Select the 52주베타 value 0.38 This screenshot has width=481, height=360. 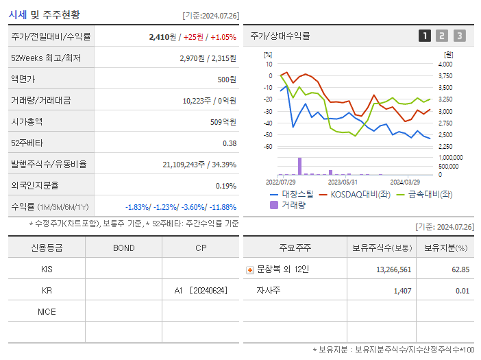pos(229,143)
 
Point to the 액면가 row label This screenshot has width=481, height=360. pos(23,80)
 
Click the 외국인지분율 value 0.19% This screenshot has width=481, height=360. pos(225,186)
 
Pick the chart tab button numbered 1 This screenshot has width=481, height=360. pos(425,36)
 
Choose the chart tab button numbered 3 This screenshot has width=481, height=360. pos(459,36)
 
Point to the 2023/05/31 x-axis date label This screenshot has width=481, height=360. pos(343,182)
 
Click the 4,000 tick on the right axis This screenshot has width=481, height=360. pos(445,64)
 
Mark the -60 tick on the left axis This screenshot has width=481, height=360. pos(268,147)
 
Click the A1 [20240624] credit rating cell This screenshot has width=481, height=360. pos(200,291)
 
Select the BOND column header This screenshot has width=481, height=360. pos(123,248)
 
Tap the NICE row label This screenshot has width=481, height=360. pos(47,312)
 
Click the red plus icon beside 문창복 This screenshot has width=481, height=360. pos(250,270)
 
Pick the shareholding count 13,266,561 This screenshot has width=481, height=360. pos(393,269)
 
